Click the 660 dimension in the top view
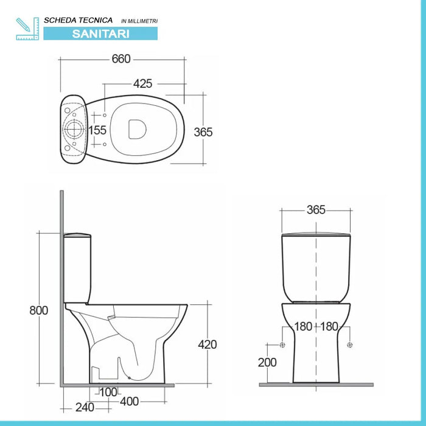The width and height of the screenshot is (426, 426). [x=121, y=59]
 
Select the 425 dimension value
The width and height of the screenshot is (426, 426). [x=142, y=83]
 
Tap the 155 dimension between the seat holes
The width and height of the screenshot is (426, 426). [x=97, y=130]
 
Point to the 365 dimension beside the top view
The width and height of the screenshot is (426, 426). [x=203, y=132]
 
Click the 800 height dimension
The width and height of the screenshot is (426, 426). [x=38, y=310]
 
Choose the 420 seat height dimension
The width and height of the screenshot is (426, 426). [x=207, y=344]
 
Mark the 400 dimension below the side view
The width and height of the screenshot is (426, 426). [x=128, y=401]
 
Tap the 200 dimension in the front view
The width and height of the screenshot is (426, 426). [x=267, y=362]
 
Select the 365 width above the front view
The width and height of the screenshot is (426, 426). [x=316, y=210]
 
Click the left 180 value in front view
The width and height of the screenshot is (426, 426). [x=302, y=327]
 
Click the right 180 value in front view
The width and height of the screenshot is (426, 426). [x=329, y=327]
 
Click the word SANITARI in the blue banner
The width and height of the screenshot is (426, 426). [x=101, y=34]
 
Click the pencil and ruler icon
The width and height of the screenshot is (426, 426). [x=27, y=28]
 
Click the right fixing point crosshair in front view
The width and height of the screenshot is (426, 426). [x=349, y=345]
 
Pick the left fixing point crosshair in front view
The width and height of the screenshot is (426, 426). [x=282, y=345]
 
